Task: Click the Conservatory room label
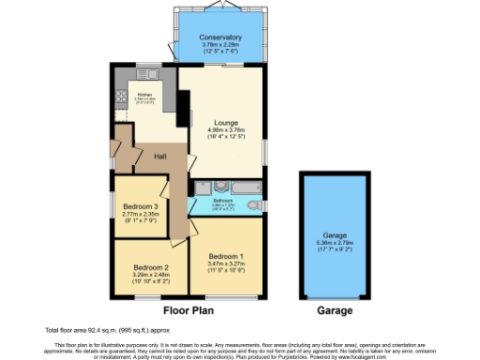(x=220, y=37)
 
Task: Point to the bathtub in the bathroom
(x=241, y=186)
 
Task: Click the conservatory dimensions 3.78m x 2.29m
(x=220, y=45)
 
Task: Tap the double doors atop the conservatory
(x=220, y=7)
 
